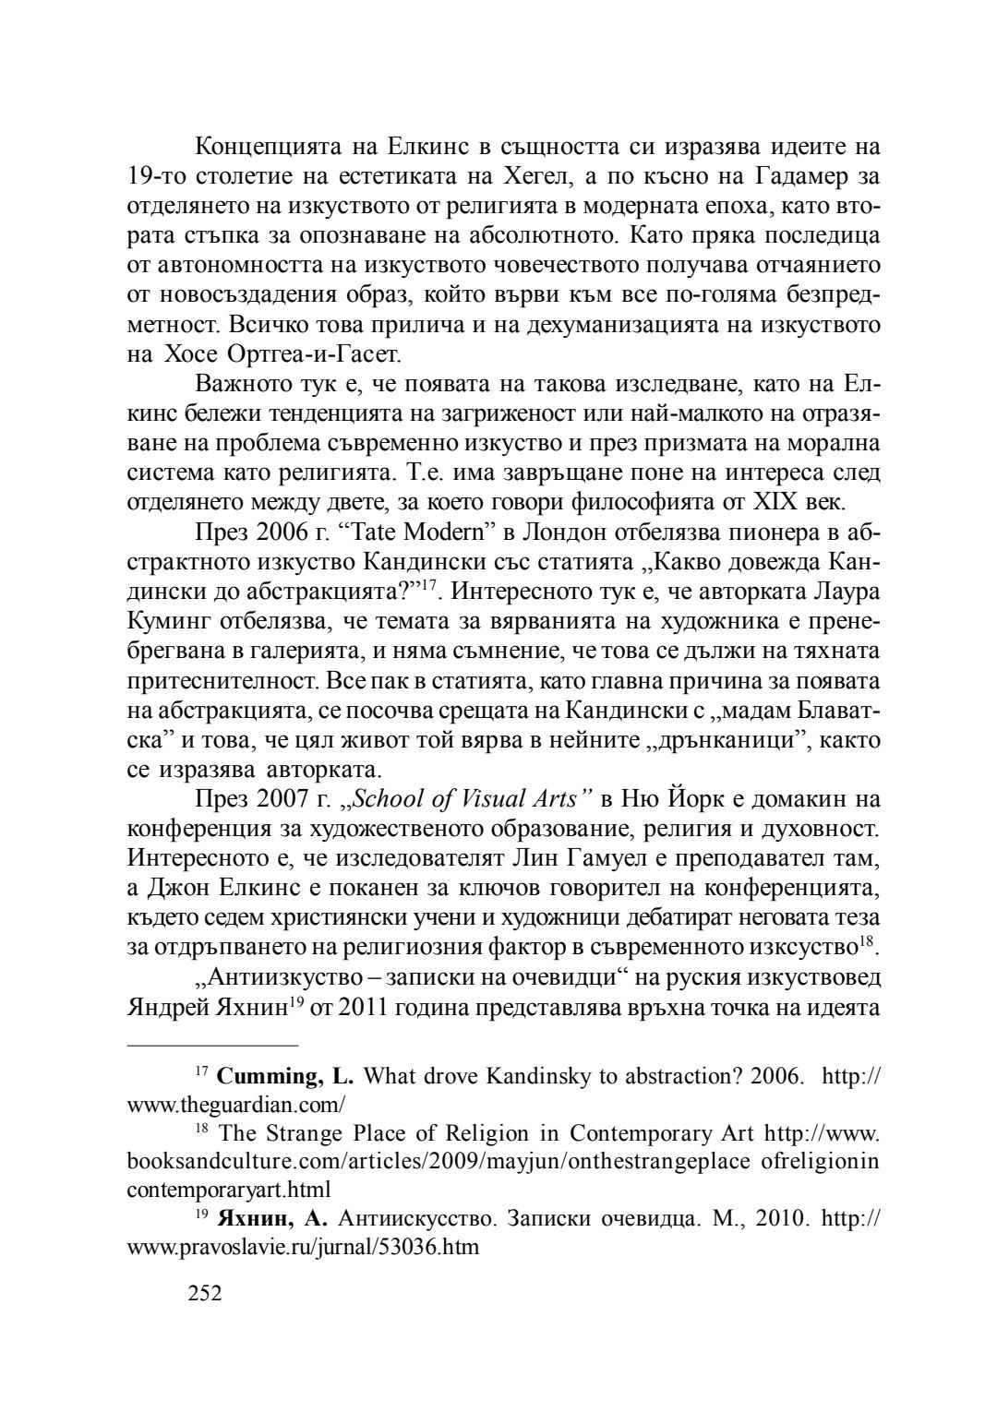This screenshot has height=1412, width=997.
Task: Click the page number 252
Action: point(204,1293)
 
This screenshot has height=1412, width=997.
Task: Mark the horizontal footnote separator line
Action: point(212,1046)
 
